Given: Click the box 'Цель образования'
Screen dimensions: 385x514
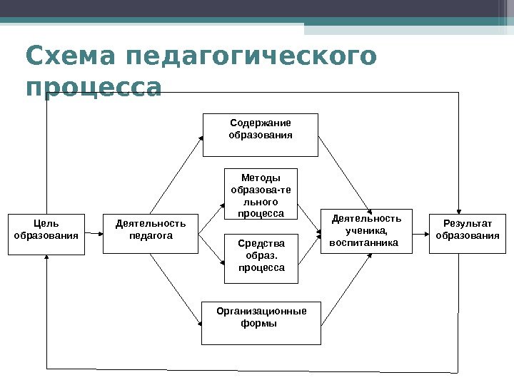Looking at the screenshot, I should [x=46, y=233].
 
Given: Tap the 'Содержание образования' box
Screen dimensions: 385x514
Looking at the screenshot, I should [x=260, y=134].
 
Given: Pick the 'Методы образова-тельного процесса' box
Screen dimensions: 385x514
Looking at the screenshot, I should [x=261, y=195].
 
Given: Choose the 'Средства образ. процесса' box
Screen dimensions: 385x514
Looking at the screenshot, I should [x=261, y=257].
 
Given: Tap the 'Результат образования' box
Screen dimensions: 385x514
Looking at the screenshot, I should [x=468, y=233].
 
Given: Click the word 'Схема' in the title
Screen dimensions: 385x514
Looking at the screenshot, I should [x=67, y=56].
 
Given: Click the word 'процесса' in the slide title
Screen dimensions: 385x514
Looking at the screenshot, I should [x=93, y=88].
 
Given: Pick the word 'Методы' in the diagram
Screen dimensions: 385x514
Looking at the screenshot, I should [x=261, y=178].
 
